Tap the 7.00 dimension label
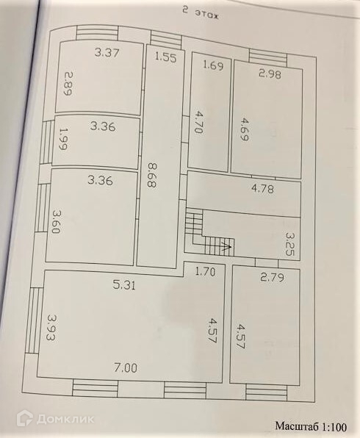tap(126, 368)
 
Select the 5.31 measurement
tap(123, 285)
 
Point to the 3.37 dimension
tap(107, 52)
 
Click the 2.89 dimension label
tap(68, 84)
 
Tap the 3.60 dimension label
tap(55, 222)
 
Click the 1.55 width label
tap(165, 57)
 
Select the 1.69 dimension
tap(213, 65)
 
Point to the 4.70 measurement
tap(198, 122)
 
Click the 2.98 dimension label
tap(270, 74)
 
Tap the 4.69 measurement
tap(244, 129)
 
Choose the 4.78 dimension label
tap(263, 189)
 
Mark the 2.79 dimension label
tap(273, 277)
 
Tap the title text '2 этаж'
tap(201, 14)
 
